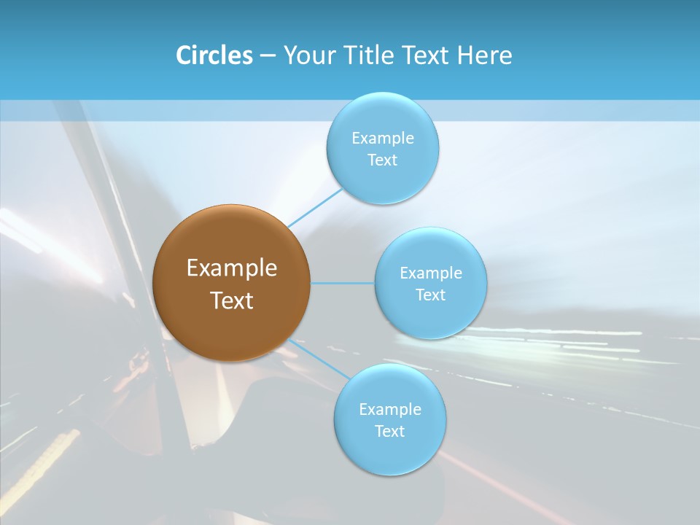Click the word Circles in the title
point(214,55)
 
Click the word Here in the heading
point(485,55)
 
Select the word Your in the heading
point(308,55)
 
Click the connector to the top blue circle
point(315,206)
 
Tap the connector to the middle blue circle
point(343,282)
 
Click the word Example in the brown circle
point(232,268)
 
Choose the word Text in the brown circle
point(232,300)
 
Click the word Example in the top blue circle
point(383,138)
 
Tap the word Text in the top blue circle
point(382,160)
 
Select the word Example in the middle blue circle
point(431,273)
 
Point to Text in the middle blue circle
point(430,295)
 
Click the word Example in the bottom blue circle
point(390,409)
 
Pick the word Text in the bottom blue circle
point(389,431)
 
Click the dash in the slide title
point(267,56)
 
